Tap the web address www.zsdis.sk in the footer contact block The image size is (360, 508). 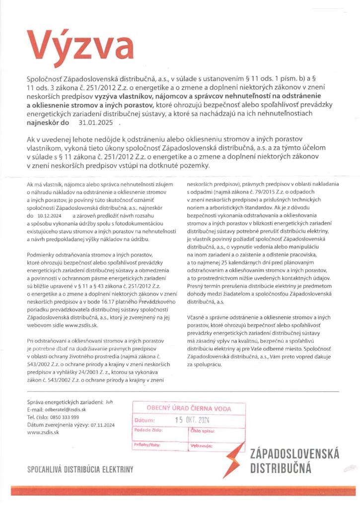[x=43, y=432]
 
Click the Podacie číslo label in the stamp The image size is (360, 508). [x=149, y=431]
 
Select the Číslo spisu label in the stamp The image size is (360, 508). [x=204, y=431]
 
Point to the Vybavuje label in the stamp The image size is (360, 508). [x=202, y=446]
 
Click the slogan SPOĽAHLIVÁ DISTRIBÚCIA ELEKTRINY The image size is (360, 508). [x=80, y=468]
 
